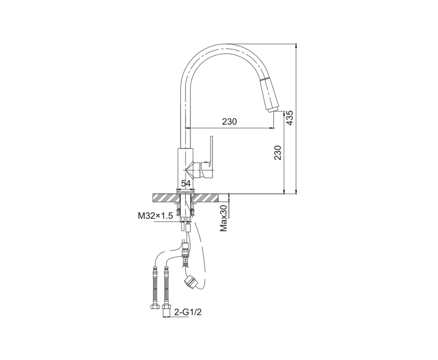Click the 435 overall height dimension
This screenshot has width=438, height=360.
click(290, 118)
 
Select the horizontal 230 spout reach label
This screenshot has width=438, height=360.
click(229, 122)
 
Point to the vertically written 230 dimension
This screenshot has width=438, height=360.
click(278, 153)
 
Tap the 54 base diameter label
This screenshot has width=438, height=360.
click(186, 184)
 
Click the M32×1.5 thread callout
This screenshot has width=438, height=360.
click(155, 216)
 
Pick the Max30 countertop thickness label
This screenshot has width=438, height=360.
click(224, 218)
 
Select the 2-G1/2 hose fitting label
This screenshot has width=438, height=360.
click(188, 312)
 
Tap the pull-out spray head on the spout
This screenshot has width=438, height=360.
click(269, 94)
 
